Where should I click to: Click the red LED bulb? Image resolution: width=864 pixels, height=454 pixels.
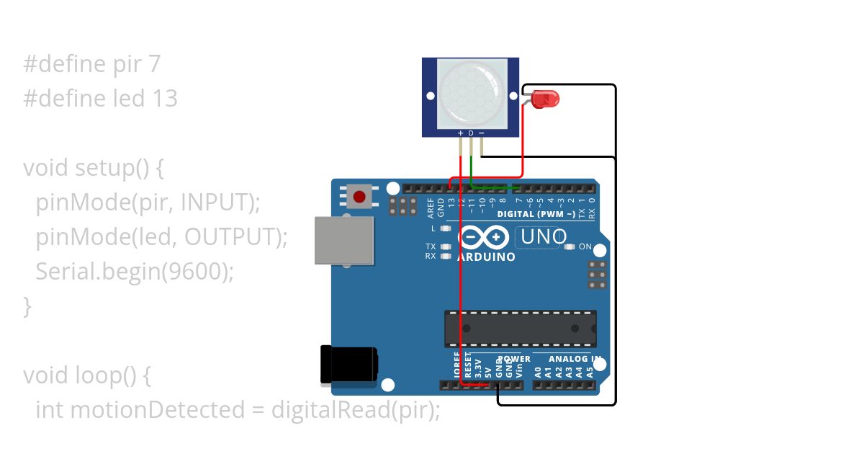[x=547, y=99]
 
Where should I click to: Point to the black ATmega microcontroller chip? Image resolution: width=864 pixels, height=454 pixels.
[x=520, y=329]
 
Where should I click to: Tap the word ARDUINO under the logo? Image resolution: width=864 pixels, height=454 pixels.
[x=486, y=257]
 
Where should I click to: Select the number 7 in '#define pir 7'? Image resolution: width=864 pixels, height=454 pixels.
[x=154, y=64]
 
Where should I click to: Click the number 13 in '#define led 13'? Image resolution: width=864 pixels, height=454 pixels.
[x=165, y=98]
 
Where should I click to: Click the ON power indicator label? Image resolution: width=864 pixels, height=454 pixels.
[x=585, y=247]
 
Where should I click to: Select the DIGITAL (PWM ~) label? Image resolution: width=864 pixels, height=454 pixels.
[x=536, y=214]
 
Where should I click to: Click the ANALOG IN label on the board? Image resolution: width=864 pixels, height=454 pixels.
[x=573, y=359]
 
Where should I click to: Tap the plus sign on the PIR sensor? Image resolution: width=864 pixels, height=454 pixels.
[x=461, y=133]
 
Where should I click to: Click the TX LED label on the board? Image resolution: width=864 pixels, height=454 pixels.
[x=431, y=246]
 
